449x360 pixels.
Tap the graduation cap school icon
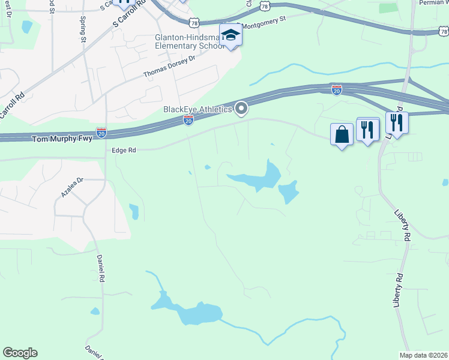tap(230, 36)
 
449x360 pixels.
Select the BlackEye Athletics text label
tap(197, 109)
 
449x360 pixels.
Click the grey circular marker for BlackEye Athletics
tap(241, 109)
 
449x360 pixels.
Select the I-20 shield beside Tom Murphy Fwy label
tap(101, 132)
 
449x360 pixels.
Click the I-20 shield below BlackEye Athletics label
tap(188, 121)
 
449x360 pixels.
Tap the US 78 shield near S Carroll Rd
tap(193, 23)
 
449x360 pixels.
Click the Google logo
tap(20, 353)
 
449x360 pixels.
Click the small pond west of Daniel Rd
tap(95, 311)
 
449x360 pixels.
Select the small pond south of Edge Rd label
tap(134, 211)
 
